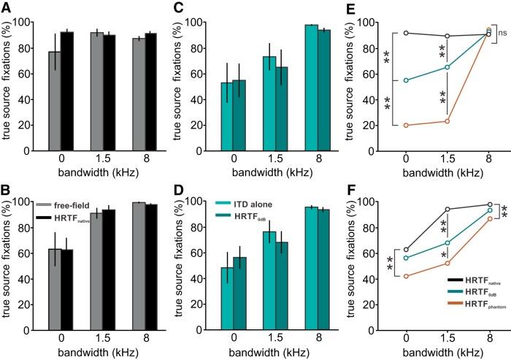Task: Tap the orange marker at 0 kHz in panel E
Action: coord(405,125)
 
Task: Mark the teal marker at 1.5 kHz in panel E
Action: coord(447,66)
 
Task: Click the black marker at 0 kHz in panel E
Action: coord(405,33)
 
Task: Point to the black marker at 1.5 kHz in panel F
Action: coord(447,210)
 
